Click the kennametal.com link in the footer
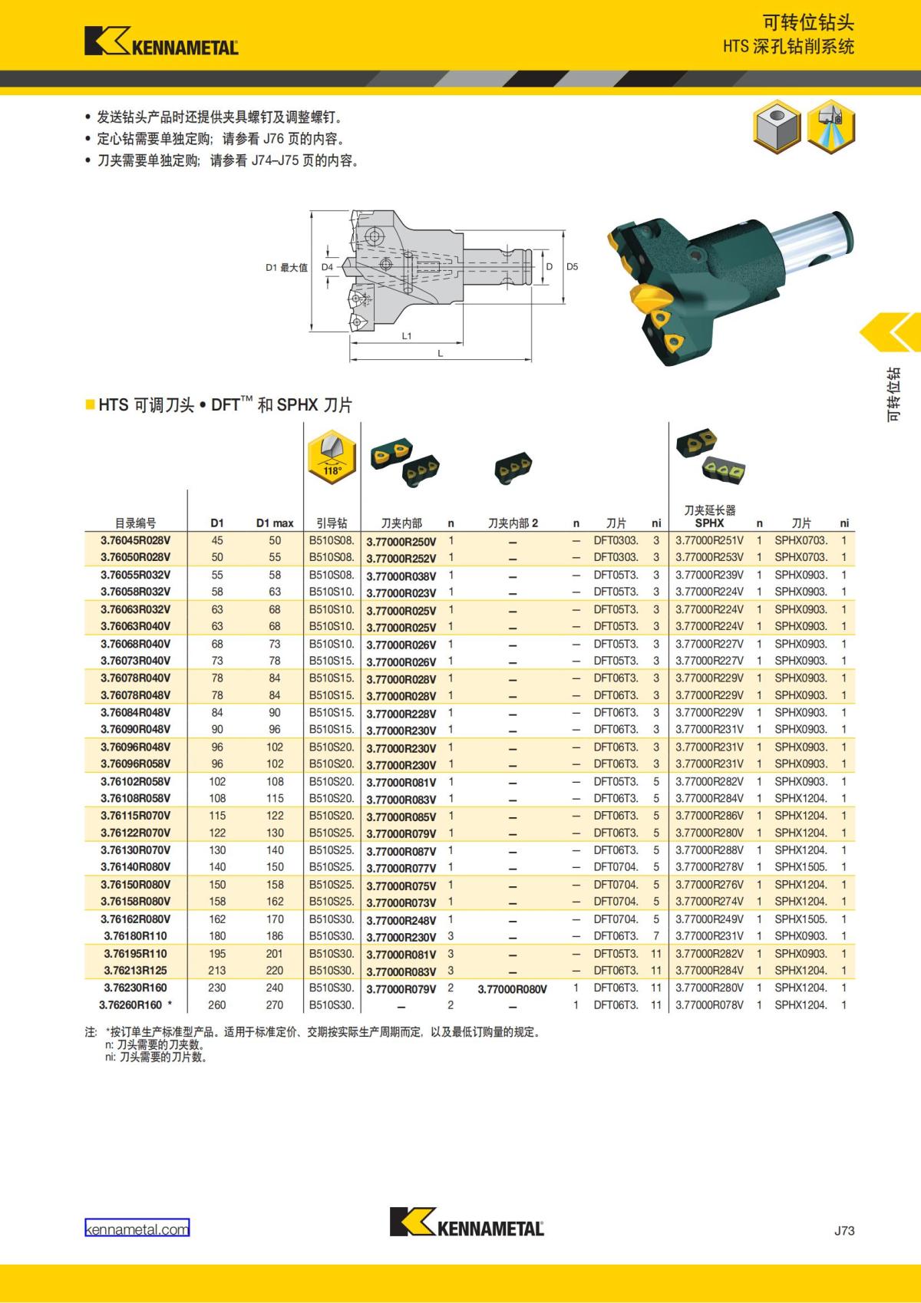(137, 1229)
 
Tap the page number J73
(844, 1230)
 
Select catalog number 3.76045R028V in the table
(136, 540)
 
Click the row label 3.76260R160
(130, 1004)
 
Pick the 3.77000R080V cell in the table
(512, 989)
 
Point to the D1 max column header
(275, 523)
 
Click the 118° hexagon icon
(332, 457)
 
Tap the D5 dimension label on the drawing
(573, 266)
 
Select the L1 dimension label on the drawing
(407, 336)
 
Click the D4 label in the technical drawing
(328, 267)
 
